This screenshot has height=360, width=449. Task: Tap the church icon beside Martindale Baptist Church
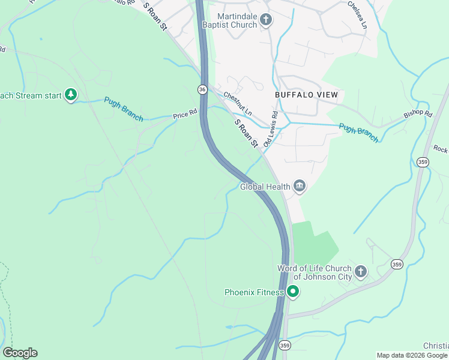pos(267,21)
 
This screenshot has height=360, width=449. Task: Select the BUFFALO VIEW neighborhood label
pos(306,95)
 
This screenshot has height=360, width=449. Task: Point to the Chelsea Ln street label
pos(357,14)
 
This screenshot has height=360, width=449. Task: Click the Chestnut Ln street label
pos(238,104)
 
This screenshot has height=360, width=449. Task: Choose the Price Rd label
pos(185,113)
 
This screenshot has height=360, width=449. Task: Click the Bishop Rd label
pos(418,113)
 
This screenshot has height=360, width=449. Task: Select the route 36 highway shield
pos(202,89)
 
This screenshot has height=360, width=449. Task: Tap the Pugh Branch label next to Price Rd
pos(124,109)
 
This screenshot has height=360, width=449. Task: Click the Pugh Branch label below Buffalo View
pos(358,133)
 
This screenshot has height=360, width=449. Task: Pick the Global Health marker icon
pos(300,187)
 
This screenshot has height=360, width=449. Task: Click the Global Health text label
pos(265,187)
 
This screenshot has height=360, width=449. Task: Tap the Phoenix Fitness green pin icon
pos(293,292)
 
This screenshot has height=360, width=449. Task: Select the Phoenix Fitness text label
pos(254,293)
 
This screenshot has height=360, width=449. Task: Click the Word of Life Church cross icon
pos(360,272)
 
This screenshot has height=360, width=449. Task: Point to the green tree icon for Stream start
pos(71,95)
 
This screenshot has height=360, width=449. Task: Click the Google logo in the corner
pos(20,353)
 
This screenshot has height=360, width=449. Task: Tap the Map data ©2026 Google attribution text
pos(412,355)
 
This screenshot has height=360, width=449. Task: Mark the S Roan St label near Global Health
pos(246,133)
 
